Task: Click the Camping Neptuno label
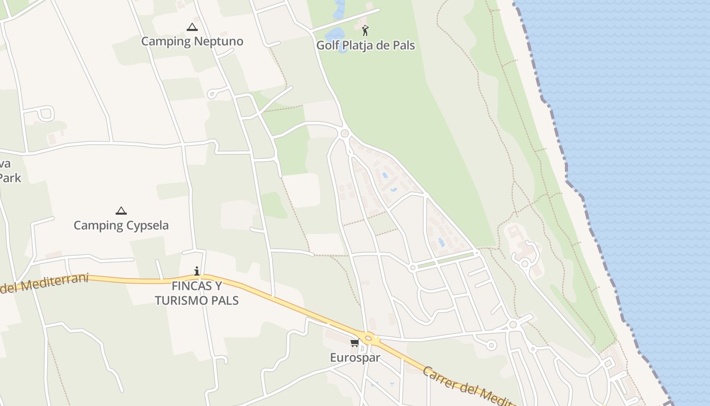[x=192, y=42]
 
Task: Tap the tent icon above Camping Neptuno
[x=192, y=27]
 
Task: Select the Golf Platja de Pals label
[x=366, y=45]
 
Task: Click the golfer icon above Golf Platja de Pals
[x=365, y=30]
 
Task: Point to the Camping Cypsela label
[x=121, y=225]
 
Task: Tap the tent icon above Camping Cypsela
[x=121, y=211]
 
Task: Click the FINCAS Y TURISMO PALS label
[x=197, y=293]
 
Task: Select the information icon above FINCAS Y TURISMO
[x=197, y=272]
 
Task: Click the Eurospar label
[x=355, y=357]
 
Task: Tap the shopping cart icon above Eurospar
[x=354, y=343]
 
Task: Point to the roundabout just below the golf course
[x=345, y=133]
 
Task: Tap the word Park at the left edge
[x=10, y=178]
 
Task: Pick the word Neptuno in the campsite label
[x=221, y=42]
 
